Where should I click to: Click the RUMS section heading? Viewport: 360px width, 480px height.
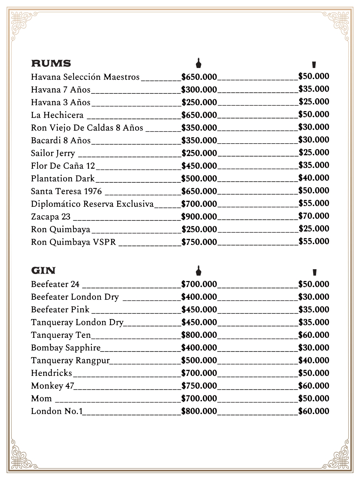[x=51, y=64]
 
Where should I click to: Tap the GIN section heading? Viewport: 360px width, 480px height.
[x=43, y=271]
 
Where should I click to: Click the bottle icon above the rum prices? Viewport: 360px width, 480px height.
[x=199, y=63]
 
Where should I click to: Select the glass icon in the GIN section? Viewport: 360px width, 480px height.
[x=314, y=272]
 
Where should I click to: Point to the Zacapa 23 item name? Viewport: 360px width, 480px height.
[x=51, y=217]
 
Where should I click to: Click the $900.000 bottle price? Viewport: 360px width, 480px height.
[x=199, y=217]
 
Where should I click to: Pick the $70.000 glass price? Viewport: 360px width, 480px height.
[x=313, y=216]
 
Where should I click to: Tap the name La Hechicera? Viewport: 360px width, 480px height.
[x=57, y=115]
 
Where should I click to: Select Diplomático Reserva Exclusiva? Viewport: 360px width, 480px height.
[x=92, y=204]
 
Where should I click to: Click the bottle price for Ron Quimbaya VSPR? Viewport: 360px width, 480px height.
[x=199, y=242]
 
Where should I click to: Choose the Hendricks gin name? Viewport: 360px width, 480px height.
[x=51, y=373]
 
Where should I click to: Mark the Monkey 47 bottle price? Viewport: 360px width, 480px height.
[x=199, y=386]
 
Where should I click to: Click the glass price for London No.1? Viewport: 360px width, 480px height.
[x=313, y=411]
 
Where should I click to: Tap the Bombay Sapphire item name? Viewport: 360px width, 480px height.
[x=66, y=348]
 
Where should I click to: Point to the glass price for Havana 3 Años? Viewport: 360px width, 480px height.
[x=313, y=102]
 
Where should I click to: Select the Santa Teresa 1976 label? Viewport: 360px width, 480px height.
[x=66, y=192]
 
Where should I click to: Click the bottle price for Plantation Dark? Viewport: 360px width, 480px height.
[x=199, y=179]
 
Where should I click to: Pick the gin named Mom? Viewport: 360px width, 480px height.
[x=41, y=399]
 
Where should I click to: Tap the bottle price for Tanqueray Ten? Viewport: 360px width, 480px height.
[x=199, y=335]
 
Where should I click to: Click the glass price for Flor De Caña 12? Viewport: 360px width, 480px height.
[x=313, y=165]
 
